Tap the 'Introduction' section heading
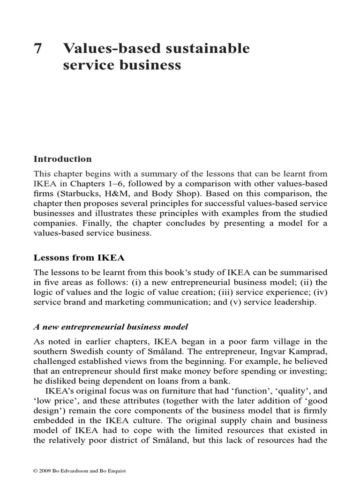point(63,159)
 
